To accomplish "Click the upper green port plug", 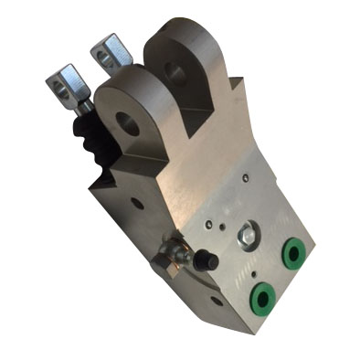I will [294, 252].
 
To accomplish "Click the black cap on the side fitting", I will [208, 261].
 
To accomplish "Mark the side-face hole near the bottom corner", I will [216, 300].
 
